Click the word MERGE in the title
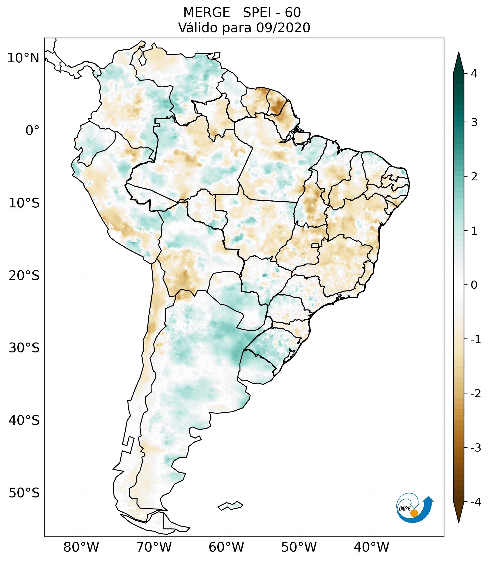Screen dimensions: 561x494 [207, 13]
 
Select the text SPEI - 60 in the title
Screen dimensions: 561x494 [272, 13]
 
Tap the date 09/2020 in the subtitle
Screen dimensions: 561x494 [283, 28]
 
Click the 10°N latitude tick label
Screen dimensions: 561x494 [23, 58]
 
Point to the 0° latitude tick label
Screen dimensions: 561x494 [32, 131]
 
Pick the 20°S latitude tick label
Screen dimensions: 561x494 [24, 276]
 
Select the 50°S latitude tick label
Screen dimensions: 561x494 [24, 493]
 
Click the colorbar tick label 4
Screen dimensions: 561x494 [474, 74]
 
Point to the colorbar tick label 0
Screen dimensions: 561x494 [474, 285]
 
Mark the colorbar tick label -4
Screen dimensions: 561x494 [476, 502]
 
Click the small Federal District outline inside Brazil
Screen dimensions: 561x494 [315, 245]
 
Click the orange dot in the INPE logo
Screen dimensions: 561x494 [414, 513]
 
